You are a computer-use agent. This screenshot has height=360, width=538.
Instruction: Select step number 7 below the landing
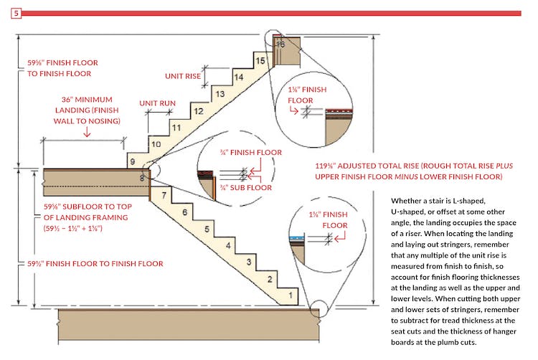[x=164, y=194]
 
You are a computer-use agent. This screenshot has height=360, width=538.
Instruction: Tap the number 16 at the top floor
[x=280, y=44]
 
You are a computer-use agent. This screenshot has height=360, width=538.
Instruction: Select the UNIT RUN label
[x=157, y=103]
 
